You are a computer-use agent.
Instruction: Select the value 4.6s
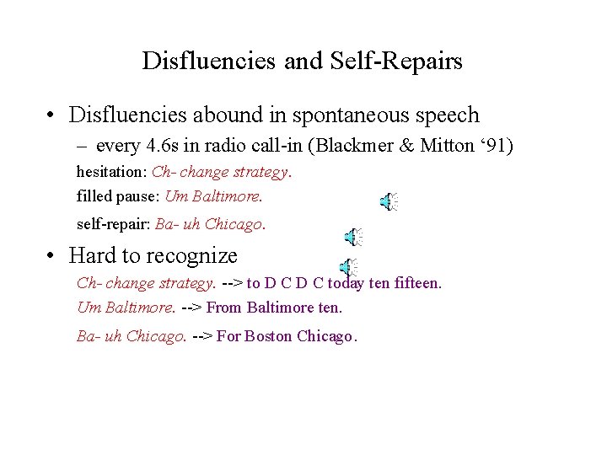[x=164, y=146]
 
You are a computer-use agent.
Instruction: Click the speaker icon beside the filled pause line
[x=388, y=201]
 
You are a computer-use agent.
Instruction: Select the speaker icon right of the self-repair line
[x=354, y=238]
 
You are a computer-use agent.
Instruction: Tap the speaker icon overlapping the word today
[x=348, y=268]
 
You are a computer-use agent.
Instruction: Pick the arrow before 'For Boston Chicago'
[x=202, y=336]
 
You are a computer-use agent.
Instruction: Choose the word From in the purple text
[x=224, y=308]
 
